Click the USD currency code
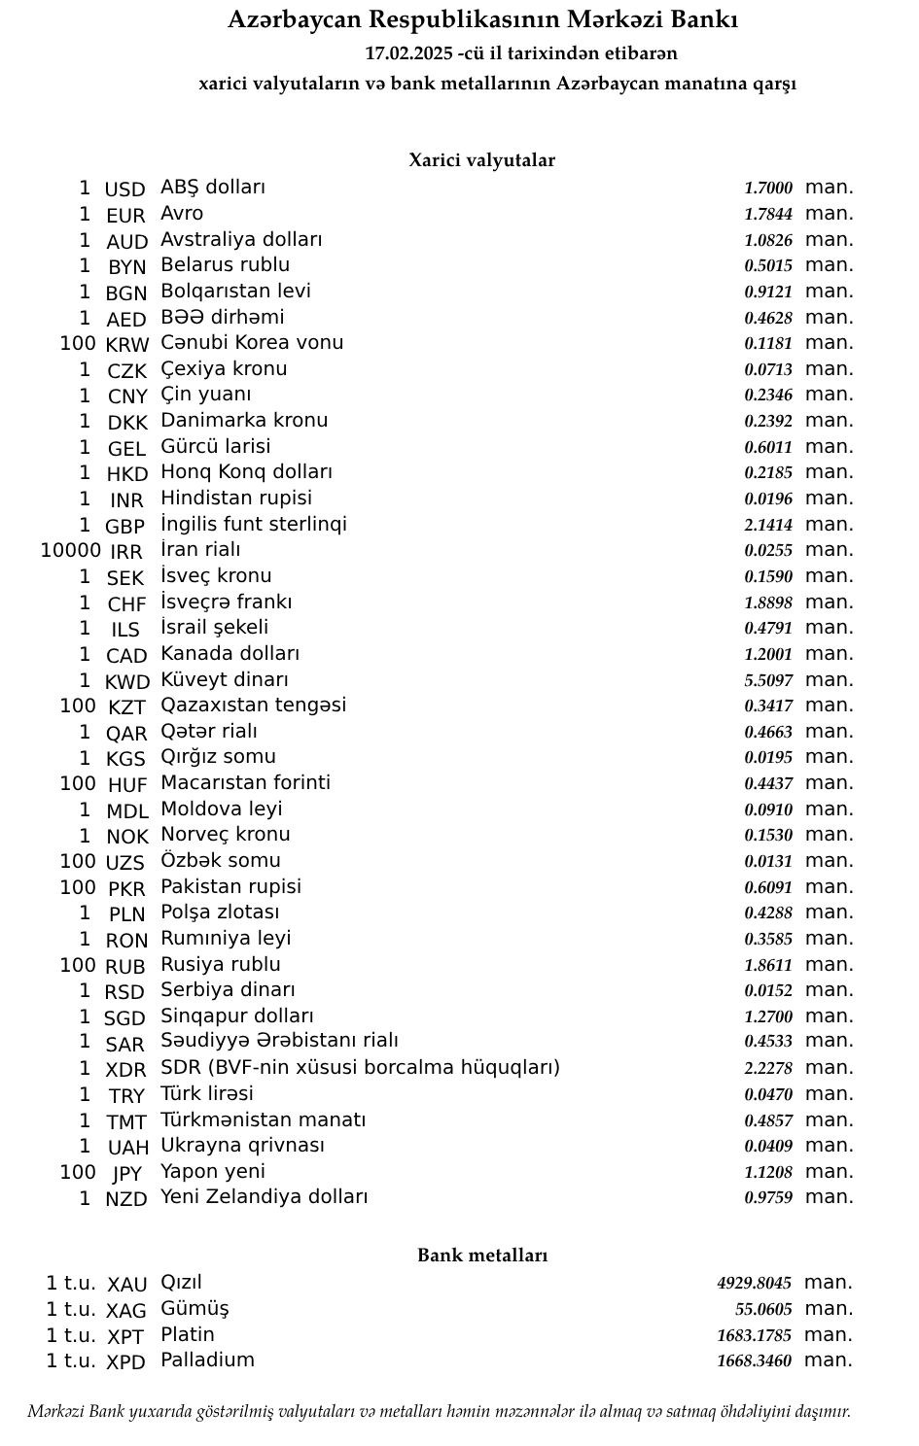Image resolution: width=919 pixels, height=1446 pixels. [x=124, y=189]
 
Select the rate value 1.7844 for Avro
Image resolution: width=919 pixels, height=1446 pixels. [x=768, y=214]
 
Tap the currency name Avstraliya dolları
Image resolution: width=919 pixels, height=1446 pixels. [x=241, y=239]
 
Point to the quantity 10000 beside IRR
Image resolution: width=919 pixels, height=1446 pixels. [x=70, y=551]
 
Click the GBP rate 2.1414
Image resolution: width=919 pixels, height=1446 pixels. [x=768, y=525]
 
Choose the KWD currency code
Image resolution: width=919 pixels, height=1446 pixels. [x=127, y=681]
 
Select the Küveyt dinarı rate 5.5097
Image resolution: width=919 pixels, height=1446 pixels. [x=768, y=680]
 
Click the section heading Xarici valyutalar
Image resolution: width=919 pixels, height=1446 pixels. [x=481, y=160]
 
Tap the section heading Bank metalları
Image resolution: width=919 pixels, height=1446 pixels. [x=482, y=1256]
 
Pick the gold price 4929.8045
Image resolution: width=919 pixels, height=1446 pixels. [x=755, y=1284]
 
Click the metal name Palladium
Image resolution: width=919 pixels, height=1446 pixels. [x=207, y=1360]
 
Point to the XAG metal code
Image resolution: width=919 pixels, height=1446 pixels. [x=126, y=1311]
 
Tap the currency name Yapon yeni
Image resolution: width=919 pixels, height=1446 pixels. [x=213, y=1171]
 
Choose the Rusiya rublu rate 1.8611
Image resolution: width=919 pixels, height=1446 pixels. [x=768, y=965]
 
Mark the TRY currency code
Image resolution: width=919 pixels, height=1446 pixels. [x=126, y=1096]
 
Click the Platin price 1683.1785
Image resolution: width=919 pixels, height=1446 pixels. [x=755, y=1335]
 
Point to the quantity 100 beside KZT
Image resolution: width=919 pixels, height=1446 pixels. [x=78, y=706]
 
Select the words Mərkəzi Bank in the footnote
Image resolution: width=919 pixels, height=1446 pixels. [x=77, y=1411]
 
